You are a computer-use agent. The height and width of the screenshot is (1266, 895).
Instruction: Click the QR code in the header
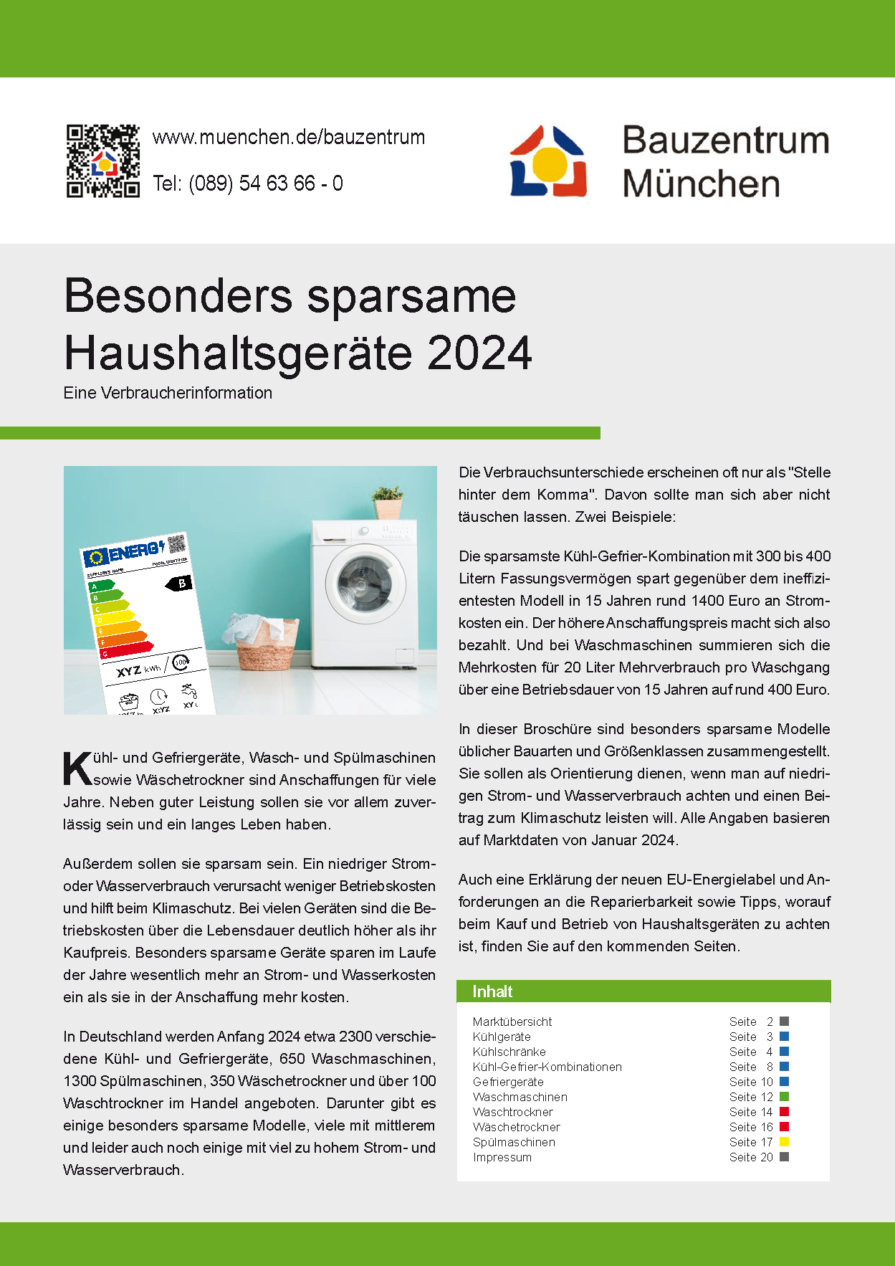coord(102,161)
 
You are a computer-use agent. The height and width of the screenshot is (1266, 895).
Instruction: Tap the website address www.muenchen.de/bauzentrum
coord(289,137)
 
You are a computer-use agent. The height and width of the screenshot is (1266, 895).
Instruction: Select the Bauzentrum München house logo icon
coord(548,161)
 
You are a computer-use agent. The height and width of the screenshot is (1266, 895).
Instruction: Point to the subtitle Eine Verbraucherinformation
coord(168,393)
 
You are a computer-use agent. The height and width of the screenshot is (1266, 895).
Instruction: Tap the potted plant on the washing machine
coord(388,501)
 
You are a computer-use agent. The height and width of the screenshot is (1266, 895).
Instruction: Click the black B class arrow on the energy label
coord(180,584)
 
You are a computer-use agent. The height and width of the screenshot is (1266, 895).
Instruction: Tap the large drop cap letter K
coord(77,768)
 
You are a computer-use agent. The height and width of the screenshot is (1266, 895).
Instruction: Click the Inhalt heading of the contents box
coord(492,991)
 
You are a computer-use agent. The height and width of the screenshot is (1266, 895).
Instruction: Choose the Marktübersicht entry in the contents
coord(512,1022)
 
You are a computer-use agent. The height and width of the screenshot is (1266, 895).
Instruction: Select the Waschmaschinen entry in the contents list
coord(520,1097)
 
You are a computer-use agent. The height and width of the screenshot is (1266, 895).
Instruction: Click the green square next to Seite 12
coord(784,1097)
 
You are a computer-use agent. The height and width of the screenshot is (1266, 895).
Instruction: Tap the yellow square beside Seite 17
coord(784,1142)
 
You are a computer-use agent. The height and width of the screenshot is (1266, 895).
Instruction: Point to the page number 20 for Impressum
coord(766,1157)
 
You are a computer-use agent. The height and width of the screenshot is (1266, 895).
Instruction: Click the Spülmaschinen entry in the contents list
coord(514,1142)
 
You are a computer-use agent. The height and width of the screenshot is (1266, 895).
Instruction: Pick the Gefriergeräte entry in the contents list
coord(508,1082)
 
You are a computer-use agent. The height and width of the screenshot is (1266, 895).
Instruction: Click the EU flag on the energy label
coord(96,558)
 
